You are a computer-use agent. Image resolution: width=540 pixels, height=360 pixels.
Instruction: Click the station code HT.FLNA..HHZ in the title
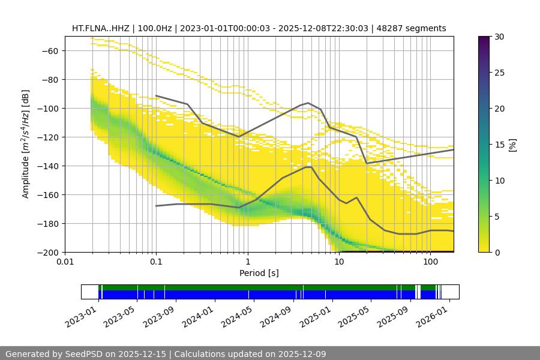pos(101,28)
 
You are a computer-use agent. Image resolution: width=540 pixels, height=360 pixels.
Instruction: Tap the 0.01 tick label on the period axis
pos(65,262)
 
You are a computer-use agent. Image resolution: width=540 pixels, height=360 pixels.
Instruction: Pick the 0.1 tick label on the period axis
pos(156,262)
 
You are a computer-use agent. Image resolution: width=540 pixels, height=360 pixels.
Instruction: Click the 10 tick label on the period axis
pos(339,262)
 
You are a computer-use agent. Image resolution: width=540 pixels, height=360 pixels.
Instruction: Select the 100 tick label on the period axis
pos(430,262)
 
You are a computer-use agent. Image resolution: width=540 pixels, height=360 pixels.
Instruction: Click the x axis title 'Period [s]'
pos(259,273)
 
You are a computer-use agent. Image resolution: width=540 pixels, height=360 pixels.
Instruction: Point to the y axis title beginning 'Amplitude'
pos(26,144)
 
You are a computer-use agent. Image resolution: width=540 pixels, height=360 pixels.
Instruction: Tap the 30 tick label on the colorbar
pos(498,37)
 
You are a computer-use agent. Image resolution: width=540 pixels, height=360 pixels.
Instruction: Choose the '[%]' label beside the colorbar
pos(512,145)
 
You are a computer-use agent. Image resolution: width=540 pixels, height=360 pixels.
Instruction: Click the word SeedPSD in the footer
pos(83,354)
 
